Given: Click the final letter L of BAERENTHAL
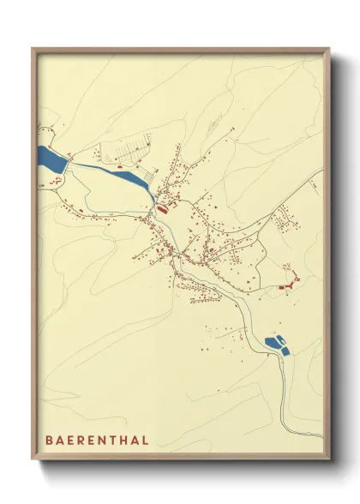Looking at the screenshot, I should click(x=147, y=440).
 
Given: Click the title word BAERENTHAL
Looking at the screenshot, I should click(x=97, y=440).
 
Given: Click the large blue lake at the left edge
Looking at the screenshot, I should click(x=51, y=159).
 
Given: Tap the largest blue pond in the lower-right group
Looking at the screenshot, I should click(x=273, y=344).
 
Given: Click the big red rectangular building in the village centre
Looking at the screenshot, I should click(x=161, y=207).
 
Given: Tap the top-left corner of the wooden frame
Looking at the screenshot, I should click(x=33, y=49).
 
